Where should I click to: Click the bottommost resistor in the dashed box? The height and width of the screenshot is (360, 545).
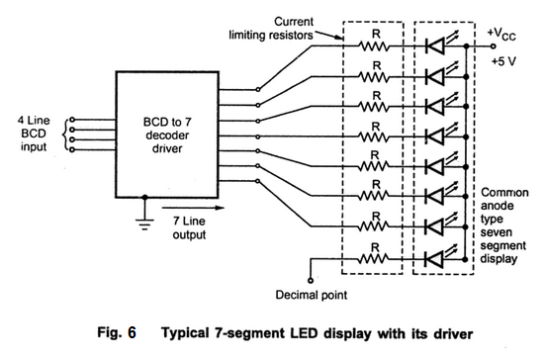click(373, 258)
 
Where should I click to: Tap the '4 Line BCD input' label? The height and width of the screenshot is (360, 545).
click(34, 131)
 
